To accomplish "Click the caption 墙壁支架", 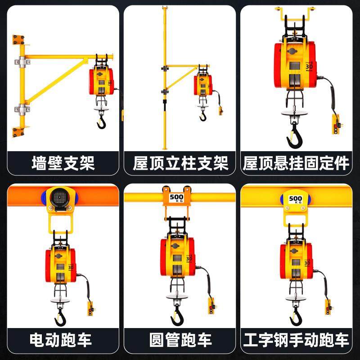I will [x=63, y=163].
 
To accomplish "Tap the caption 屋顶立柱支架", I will [x=180, y=163].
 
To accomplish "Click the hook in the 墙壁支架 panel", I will [x=101, y=121].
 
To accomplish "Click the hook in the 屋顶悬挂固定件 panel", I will [x=295, y=135].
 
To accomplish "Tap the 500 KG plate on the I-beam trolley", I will [x=296, y=199].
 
